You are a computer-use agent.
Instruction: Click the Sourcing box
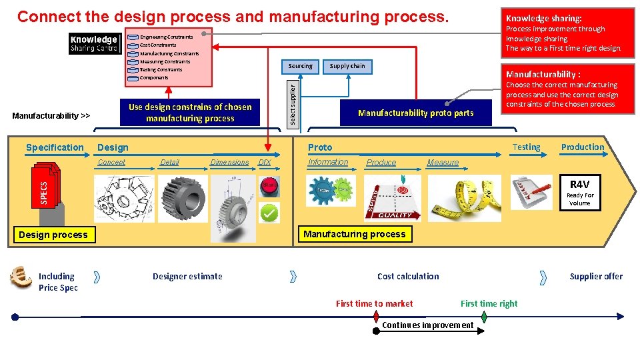click(x=300, y=66)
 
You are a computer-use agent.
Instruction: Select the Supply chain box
click(x=347, y=66)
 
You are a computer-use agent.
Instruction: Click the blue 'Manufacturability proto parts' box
click(x=415, y=113)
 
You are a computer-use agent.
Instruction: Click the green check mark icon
click(x=269, y=213)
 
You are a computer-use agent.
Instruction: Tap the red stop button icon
click(x=269, y=186)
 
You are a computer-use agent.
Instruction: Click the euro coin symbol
click(x=21, y=277)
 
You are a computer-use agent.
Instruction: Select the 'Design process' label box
click(x=53, y=235)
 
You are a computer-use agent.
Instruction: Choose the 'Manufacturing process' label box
click(x=354, y=234)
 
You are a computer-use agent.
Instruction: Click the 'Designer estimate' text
click(x=187, y=276)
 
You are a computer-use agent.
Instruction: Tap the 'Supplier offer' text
click(x=596, y=276)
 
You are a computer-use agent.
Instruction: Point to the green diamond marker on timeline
click(x=485, y=317)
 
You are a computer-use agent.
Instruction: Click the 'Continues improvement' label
click(x=427, y=325)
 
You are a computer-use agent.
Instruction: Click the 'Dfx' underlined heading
click(x=264, y=163)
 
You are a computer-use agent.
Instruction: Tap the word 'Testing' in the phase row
click(x=526, y=147)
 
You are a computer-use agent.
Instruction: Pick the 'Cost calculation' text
click(x=408, y=276)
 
